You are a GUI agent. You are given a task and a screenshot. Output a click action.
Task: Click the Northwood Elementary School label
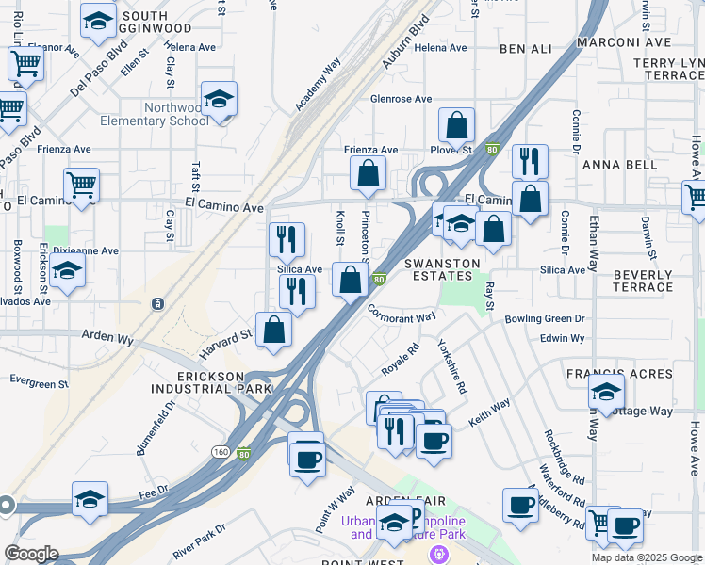pos(176,114)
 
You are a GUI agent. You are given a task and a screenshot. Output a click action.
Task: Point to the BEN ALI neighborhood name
pos(525,48)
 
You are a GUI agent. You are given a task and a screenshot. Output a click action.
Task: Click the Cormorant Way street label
pos(402,314)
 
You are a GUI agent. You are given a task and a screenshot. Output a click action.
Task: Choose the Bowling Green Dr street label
pos(545,319)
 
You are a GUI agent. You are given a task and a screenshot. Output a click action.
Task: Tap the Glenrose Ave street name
pos(401,99)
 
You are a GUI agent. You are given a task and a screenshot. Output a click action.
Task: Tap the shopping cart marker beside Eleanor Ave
pos(25,65)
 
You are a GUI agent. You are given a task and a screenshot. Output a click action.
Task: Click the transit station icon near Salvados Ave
pos(157,303)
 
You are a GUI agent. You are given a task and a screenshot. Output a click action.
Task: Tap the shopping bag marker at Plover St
pos(456,126)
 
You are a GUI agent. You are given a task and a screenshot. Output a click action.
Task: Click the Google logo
pos(31,554)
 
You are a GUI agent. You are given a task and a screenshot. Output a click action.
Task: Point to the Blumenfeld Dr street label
pos(156,429)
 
